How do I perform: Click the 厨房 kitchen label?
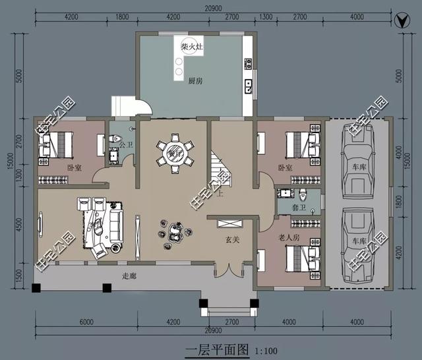click(195, 81)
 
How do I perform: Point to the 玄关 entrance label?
click(233, 239)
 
